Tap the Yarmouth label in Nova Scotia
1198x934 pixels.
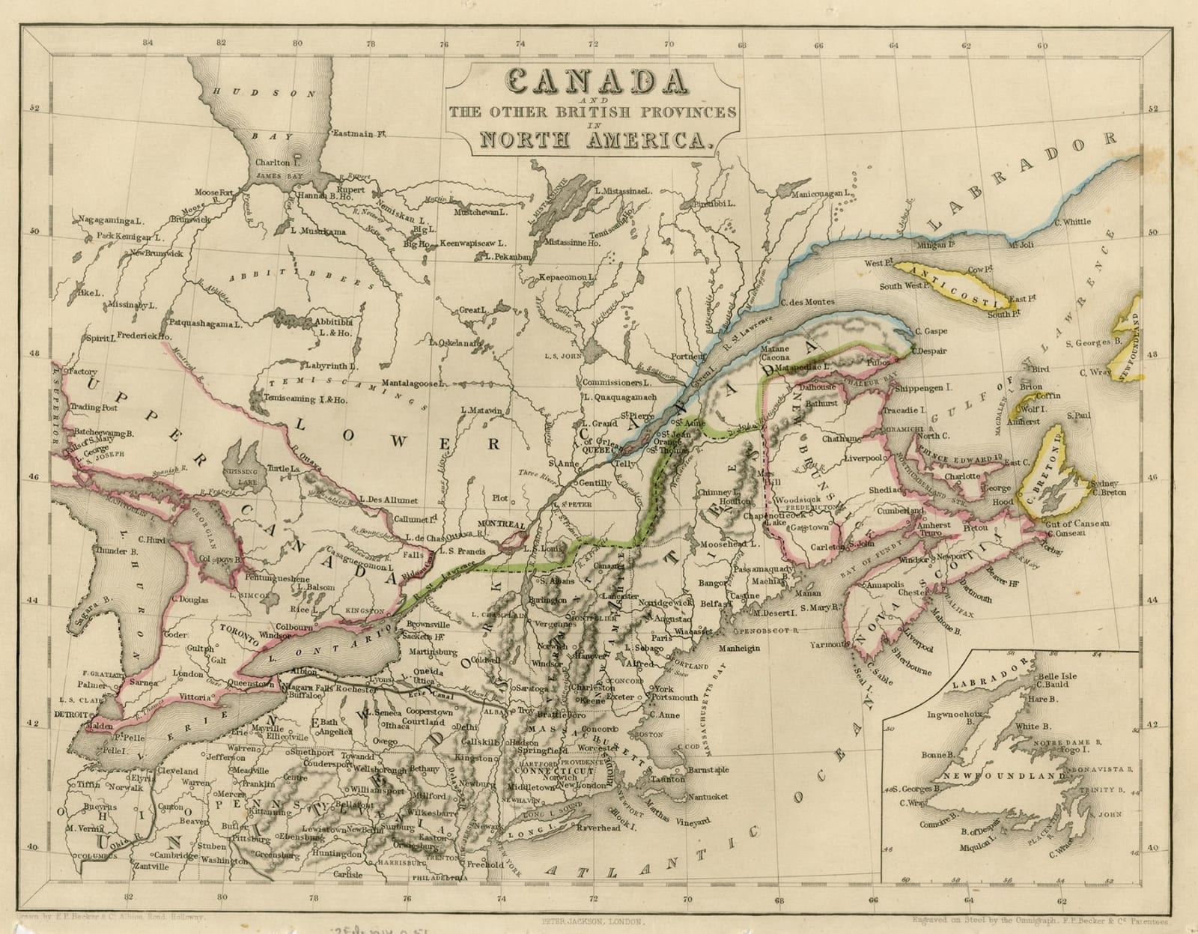[830, 643]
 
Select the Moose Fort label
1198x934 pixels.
[214, 192]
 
